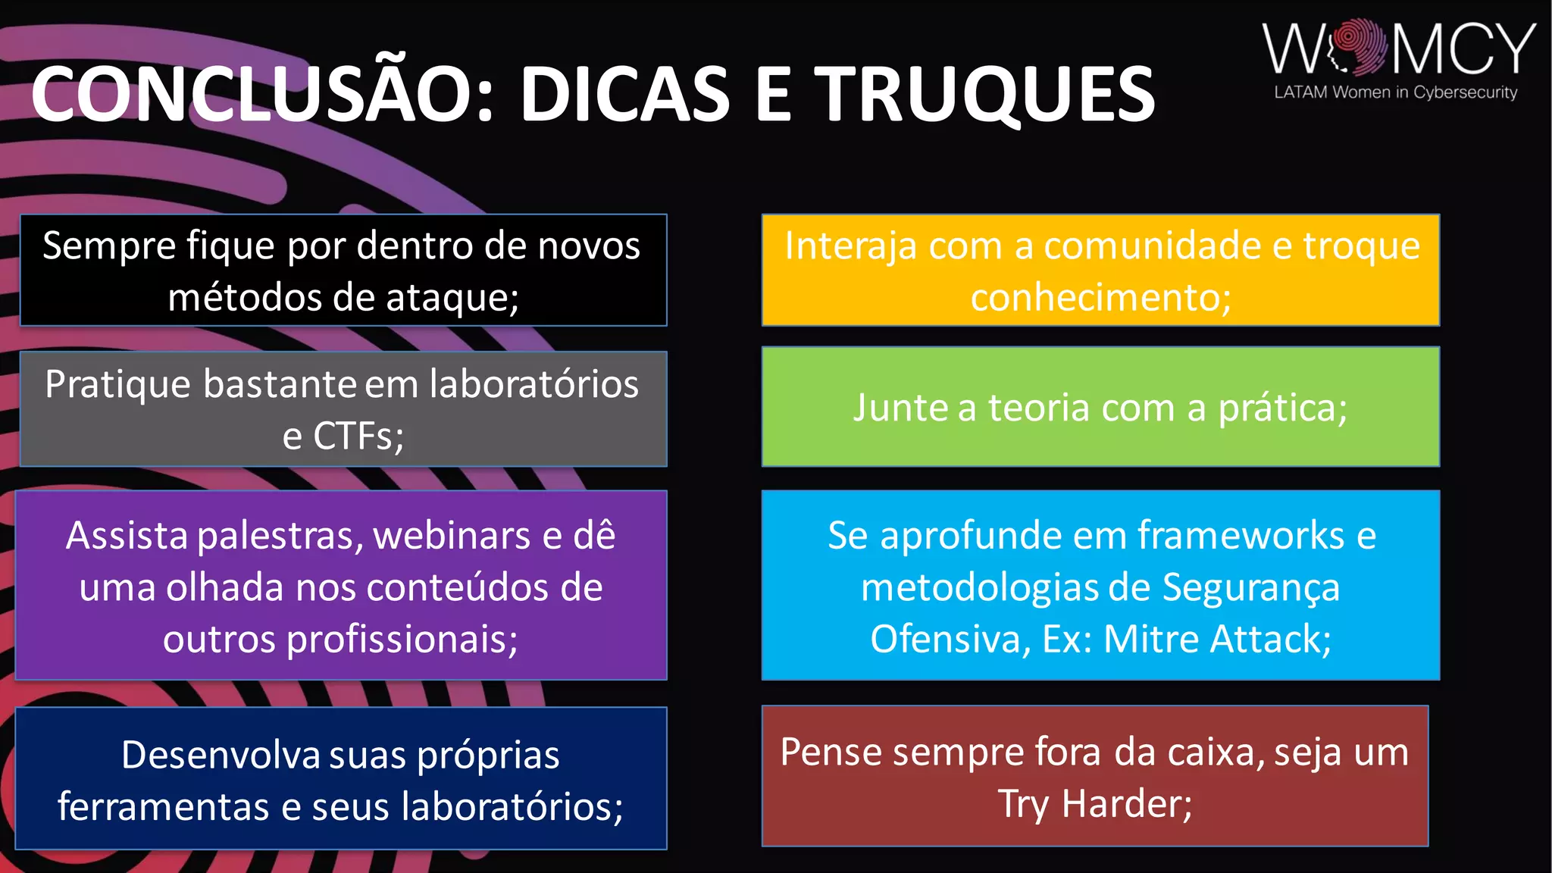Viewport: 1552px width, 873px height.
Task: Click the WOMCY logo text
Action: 1398,49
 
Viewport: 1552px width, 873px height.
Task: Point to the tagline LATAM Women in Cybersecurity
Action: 1395,92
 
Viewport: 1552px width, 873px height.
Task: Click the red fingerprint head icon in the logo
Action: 1360,47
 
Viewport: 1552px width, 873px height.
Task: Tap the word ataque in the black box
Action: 452,297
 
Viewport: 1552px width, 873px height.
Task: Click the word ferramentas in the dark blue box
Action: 163,806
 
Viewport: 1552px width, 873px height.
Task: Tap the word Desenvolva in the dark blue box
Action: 221,755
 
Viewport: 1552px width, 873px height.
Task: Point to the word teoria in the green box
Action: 1037,408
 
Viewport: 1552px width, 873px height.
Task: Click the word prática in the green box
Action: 1281,408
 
